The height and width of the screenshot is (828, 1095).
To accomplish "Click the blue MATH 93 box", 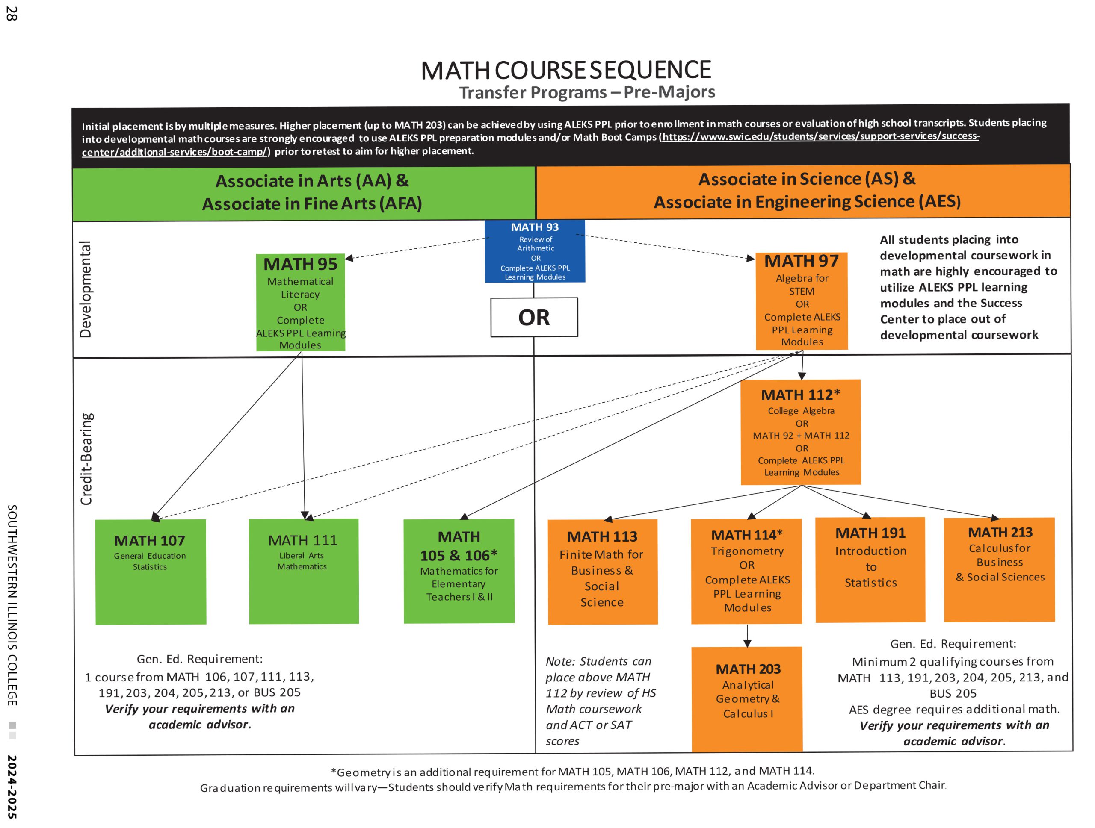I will (535, 251).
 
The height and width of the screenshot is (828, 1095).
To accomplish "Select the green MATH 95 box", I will (300, 303).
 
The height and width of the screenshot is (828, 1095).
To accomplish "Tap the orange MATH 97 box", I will (802, 301).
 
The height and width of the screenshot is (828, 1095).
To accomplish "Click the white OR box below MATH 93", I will (534, 318).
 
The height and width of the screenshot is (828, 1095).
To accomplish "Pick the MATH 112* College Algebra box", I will (800, 432).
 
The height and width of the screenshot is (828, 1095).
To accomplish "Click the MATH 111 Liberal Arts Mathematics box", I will (303, 571).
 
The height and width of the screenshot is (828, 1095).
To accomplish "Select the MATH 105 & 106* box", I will (459, 571).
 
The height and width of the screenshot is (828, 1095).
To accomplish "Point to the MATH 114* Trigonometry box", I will (746, 571).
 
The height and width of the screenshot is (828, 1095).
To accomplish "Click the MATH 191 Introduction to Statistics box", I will (870, 569).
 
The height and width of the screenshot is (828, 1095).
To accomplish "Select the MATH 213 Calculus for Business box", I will (1000, 569).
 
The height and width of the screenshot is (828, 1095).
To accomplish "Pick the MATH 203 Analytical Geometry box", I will (747, 698).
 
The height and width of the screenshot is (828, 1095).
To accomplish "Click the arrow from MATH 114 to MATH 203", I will (748, 636).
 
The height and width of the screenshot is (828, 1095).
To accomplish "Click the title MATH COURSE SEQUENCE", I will (566, 70).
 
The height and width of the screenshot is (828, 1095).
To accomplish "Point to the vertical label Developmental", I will (86, 289).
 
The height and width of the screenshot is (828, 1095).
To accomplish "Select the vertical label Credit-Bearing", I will (87, 459).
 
